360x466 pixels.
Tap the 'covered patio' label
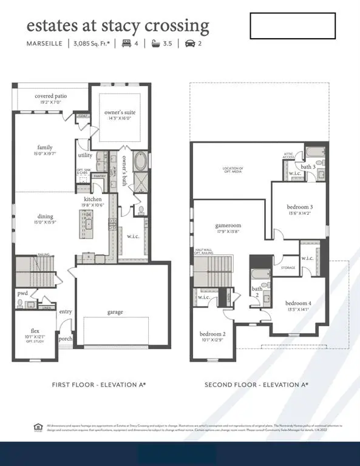click(51, 96)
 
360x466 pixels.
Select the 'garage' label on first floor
click(115, 312)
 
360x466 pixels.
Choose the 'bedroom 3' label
click(301, 208)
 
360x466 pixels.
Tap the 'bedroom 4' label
click(298, 303)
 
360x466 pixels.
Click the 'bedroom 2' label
click(212, 334)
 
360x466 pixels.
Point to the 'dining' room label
click(46, 216)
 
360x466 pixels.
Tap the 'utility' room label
click(85, 156)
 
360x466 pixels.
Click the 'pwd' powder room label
click(22, 293)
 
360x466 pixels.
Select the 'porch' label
click(66, 339)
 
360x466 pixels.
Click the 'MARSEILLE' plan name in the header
click(46, 43)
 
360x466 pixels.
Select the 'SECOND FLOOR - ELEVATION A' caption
click(256, 385)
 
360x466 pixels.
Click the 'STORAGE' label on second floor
click(288, 268)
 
